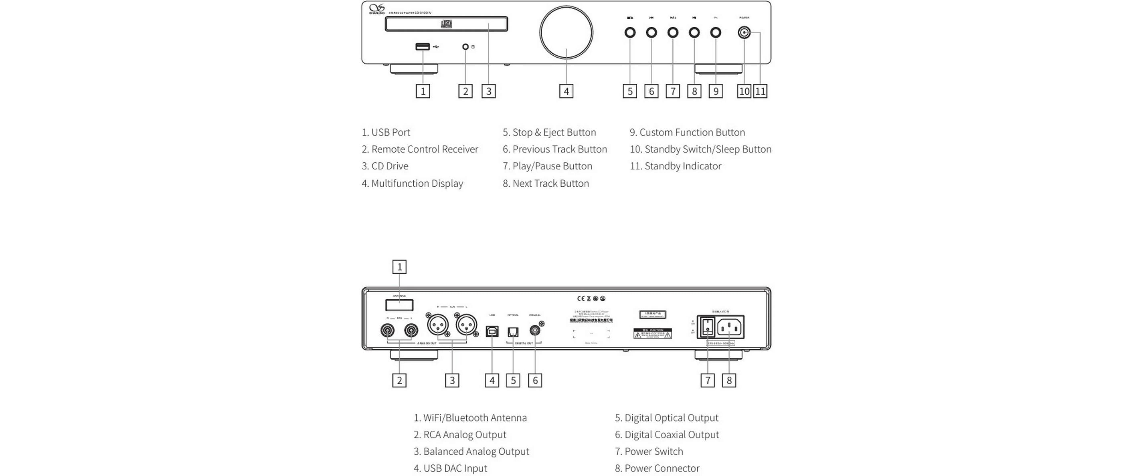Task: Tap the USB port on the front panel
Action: coord(423,46)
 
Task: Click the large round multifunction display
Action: coord(566,32)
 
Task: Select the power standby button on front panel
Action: coord(744,32)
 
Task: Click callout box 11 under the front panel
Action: coord(760,91)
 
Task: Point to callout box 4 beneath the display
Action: coord(566,91)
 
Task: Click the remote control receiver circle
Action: coord(466,46)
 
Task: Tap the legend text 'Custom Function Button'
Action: coord(692,132)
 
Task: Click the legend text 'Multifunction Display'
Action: coord(417,183)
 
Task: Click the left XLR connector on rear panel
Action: coord(437,326)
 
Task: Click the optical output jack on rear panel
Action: coord(513,332)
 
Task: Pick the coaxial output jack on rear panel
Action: coord(535,330)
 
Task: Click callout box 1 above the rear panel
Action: coord(400,267)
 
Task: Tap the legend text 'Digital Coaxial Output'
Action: coord(672,435)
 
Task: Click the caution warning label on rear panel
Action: coord(653,333)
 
